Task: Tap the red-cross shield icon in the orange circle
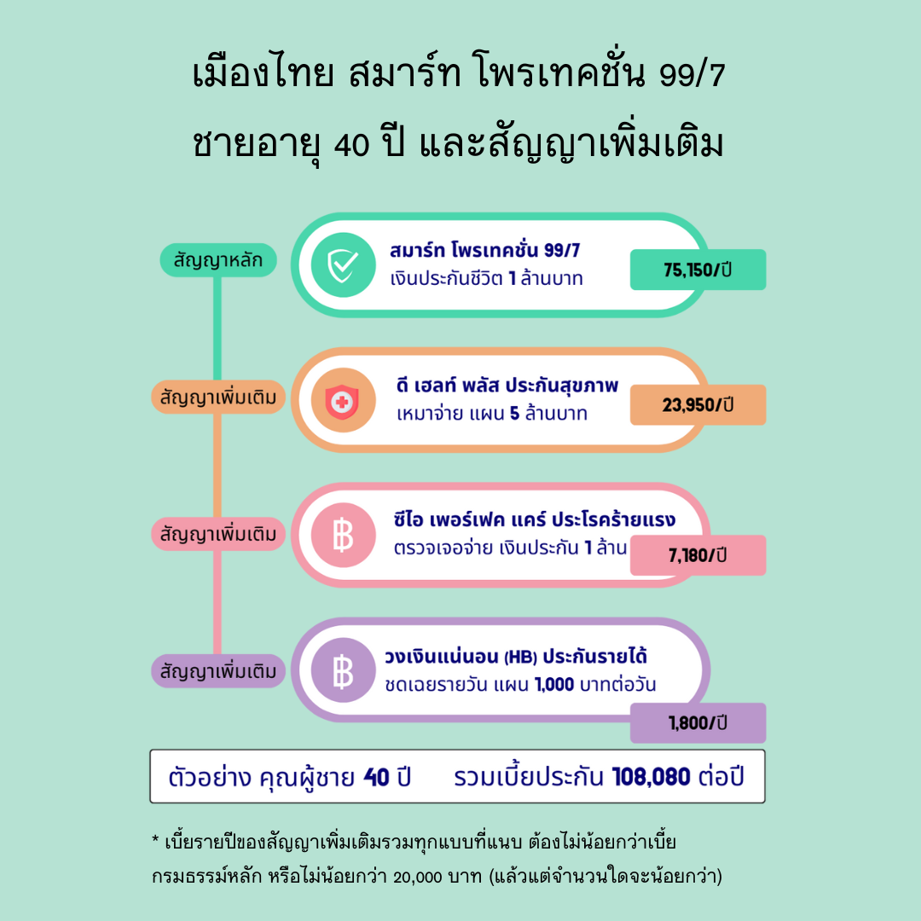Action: tap(343, 400)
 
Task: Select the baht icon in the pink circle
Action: tap(343, 536)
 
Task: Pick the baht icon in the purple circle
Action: tap(343, 670)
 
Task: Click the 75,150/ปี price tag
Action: tap(698, 269)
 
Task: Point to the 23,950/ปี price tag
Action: tap(698, 405)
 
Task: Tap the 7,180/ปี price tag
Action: tap(698, 555)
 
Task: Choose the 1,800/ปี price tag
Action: tap(698, 723)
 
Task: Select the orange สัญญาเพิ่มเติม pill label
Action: tap(218, 397)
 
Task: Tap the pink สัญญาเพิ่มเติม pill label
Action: tap(218, 534)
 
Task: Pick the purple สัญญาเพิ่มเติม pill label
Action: tap(218, 671)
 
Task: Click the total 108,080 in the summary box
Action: tap(652, 777)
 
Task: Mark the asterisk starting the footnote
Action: tap(155, 842)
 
